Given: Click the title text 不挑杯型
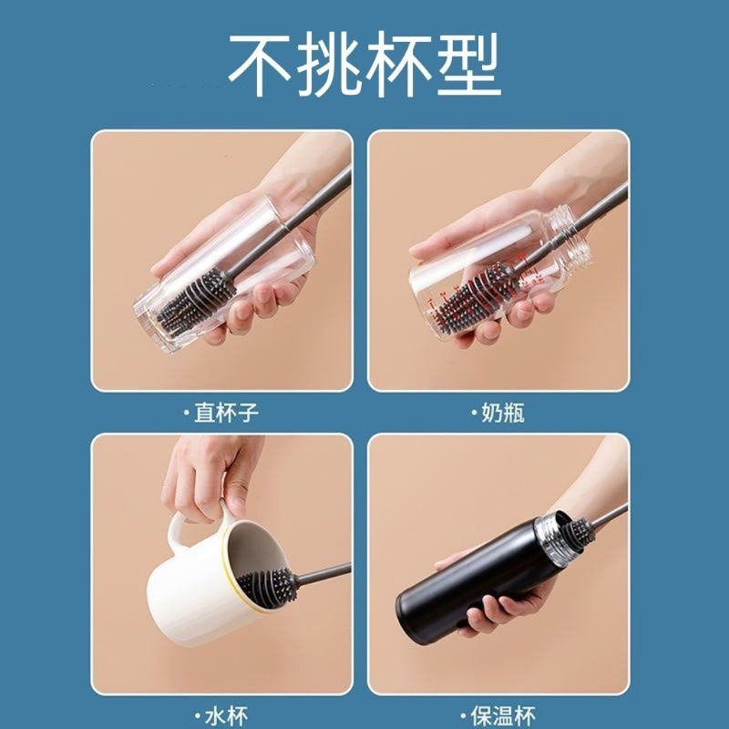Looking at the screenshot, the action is click(x=364, y=64).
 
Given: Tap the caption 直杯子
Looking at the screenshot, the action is click(x=226, y=413).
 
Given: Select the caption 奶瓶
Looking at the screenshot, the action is click(x=503, y=413).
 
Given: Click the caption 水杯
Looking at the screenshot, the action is click(x=226, y=717).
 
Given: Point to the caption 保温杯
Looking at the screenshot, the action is click(x=503, y=717).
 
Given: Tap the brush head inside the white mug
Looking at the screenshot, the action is click(x=266, y=587).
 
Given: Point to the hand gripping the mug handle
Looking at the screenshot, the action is click(x=210, y=479).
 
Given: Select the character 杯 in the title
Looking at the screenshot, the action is click(x=398, y=64).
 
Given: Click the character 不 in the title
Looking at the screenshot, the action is click(x=261, y=64).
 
